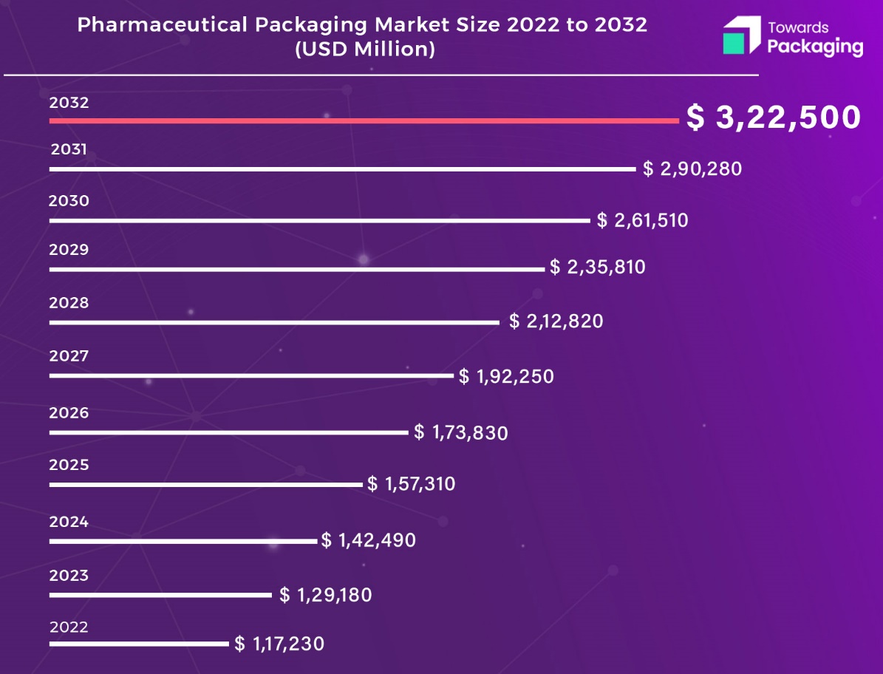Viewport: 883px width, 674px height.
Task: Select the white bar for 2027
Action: (251, 375)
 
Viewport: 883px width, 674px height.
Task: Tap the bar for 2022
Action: (139, 644)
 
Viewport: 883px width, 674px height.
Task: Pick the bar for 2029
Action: (296, 269)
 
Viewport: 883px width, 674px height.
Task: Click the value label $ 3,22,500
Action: (774, 118)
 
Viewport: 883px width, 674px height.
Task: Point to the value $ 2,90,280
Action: (692, 169)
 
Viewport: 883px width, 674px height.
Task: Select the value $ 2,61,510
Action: (643, 220)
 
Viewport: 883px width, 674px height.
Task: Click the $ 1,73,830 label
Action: (461, 432)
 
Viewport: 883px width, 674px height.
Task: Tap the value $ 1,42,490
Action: (369, 540)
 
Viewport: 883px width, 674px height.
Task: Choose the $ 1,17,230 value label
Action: (279, 644)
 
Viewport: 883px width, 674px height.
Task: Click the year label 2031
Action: (69, 150)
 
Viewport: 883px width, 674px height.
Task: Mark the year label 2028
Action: (69, 303)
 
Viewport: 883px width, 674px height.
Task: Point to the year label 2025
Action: (69, 466)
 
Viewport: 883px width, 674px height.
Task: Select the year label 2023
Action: (69, 575)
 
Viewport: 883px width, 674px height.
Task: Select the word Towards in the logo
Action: (798, 28)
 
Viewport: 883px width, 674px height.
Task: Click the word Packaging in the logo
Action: (815, 48)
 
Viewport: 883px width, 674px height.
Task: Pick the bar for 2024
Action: (183, 541)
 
